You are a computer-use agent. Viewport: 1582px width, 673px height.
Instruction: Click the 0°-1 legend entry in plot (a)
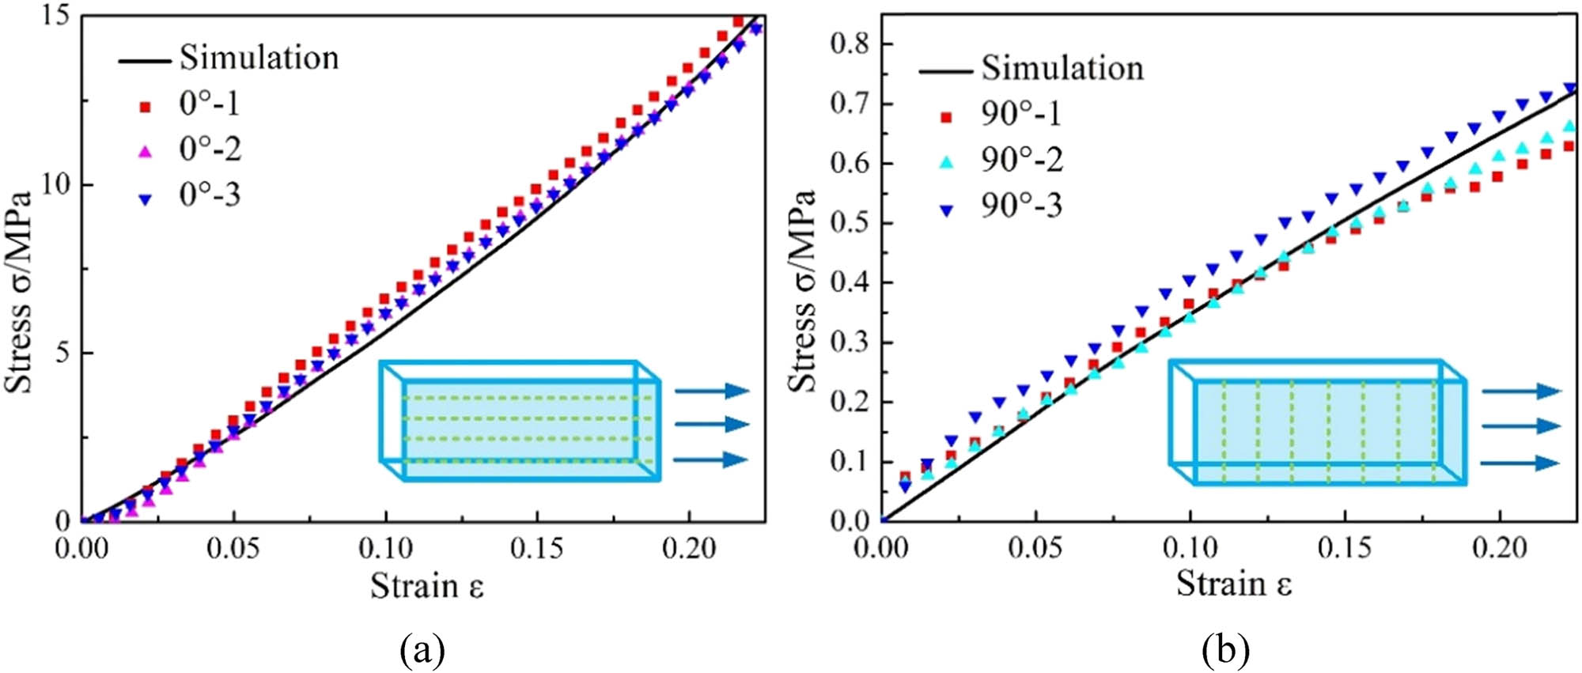(x=209, y=104)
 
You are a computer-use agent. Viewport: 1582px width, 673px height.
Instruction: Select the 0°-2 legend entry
(x=209, y=149)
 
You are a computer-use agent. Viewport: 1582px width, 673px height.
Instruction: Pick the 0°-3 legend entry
(x=209, y=195)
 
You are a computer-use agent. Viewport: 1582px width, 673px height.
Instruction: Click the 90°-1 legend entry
(x=1021, y=115)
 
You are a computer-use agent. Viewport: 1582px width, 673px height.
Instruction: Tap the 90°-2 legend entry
(x=1021, y=160)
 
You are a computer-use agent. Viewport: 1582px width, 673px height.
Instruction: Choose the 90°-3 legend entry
(x=1021, y=206)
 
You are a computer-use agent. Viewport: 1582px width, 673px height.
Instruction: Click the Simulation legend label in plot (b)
(x=1062, y=68)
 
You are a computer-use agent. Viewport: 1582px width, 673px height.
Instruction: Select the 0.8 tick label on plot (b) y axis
(x=850, y=44)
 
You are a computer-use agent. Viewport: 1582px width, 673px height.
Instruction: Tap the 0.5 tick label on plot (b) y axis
(x=850, y=223)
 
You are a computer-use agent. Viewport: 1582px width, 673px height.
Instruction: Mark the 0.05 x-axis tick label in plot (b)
(x=1035, y=549)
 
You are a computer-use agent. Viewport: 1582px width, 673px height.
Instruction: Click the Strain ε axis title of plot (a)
(x=426, y=587)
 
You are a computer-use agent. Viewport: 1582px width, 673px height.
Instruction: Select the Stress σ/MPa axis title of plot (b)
(x=802, y=291)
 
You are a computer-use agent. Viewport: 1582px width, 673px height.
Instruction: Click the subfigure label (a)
(x=423, y=650)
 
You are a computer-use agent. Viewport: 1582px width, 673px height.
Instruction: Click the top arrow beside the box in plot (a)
(x=711, y=390)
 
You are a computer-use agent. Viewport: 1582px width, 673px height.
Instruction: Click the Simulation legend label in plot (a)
(x=259, y=58)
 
